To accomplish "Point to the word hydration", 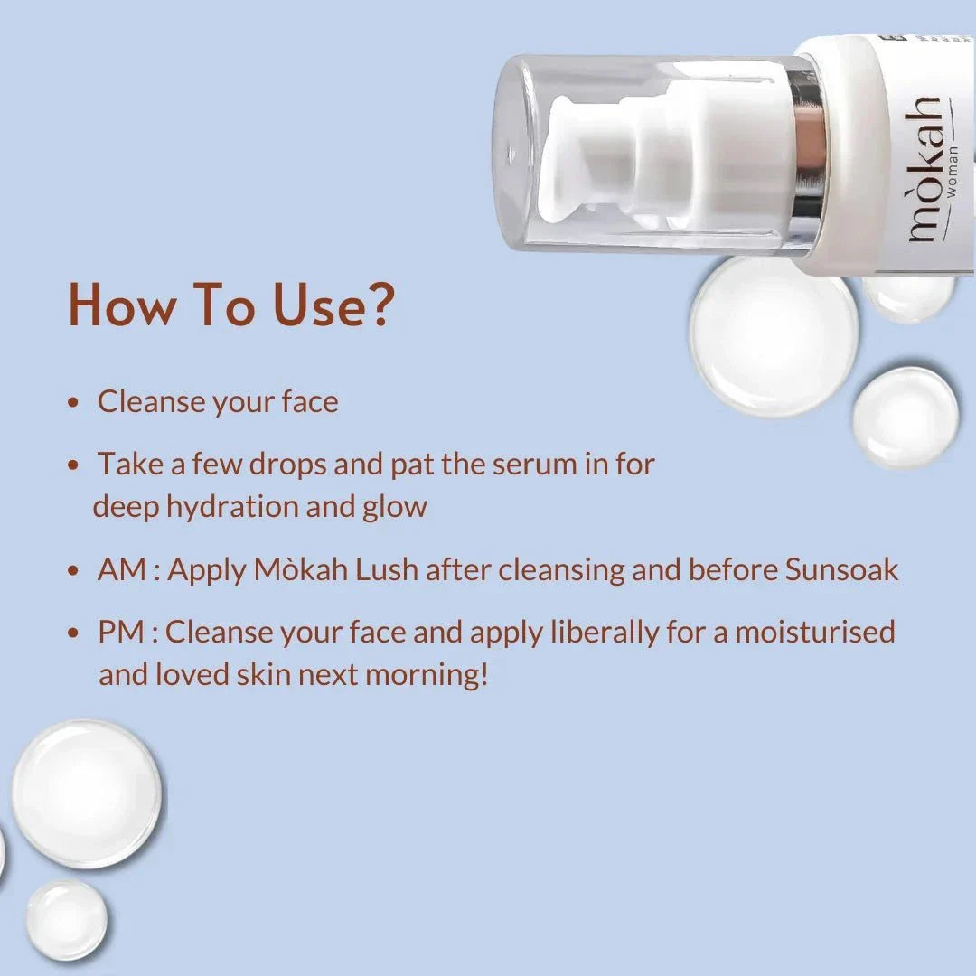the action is [x=232, y=507].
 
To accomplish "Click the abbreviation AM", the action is [x=122, y=569].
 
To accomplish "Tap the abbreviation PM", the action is [x=121, y=632].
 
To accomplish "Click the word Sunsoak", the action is [x=841, y=569].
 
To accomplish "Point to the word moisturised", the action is [x=815, y=632].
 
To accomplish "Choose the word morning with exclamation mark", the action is [x=427, y=675].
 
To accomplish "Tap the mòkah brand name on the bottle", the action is [x=924, y=169].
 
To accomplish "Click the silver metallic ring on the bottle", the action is [x=807, y=155].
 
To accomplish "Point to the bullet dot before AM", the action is [x=73, y=570].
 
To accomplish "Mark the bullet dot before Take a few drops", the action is [x=73, y=465].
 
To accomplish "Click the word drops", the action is [x=287, y=465].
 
